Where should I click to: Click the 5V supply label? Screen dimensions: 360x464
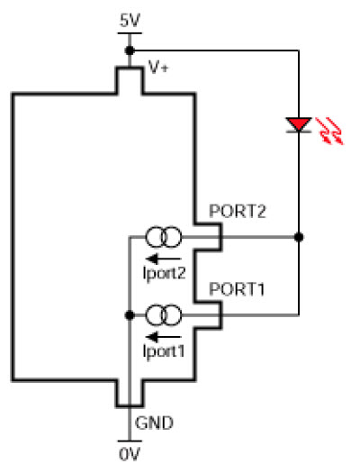click(130, 21)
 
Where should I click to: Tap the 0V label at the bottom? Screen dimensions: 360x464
click(130, 454)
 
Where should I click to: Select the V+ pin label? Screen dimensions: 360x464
click(158, 68)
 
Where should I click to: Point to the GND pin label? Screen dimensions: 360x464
click(154, 423)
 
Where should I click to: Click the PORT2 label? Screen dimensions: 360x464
click(238, 211)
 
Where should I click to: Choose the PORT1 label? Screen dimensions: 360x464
click(237, 289)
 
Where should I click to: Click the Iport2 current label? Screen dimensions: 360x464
click(165, 274)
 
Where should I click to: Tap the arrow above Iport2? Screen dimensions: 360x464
click(164, 259)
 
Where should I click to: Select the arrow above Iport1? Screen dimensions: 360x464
click(164, 337)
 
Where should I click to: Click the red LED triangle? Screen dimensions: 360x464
click(299, 123)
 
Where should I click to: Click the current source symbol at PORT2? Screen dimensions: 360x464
click(164, 237)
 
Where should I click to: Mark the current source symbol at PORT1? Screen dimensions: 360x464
click(164, 315)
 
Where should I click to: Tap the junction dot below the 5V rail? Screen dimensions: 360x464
click(130, 50)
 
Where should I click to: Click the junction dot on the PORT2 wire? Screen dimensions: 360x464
click(299, 237)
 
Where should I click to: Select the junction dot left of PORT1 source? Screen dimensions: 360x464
click(130, 315)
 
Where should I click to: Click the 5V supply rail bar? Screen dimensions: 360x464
click(130, 33)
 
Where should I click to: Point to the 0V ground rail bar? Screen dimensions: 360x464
click(130, 441)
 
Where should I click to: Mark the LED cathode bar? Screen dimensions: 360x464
click(299, 132)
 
